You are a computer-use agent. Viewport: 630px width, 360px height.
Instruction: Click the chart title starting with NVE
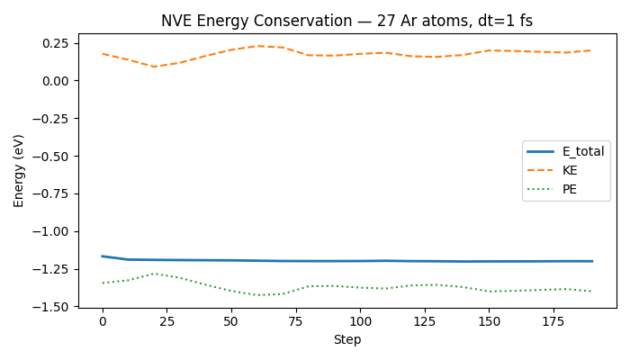tap(346, 21)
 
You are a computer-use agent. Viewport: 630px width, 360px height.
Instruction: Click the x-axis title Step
tap(346, 340)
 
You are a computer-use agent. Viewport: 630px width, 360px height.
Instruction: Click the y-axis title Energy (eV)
tap(19, 171)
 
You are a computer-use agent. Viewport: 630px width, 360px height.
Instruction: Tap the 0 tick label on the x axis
tap(103, 321)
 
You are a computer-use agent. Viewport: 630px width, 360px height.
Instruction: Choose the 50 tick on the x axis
tap(231, 321)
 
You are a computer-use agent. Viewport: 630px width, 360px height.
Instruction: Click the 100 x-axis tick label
tap(360, 321)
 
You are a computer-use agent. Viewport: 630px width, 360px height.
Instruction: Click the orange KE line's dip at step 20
tap(154, 67)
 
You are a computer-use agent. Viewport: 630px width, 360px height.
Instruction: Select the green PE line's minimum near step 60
tap(257, 295)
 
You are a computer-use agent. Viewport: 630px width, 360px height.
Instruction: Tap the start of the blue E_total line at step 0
tap(103, 256)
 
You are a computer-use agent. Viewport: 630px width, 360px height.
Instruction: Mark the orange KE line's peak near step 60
tap(257, 46)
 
